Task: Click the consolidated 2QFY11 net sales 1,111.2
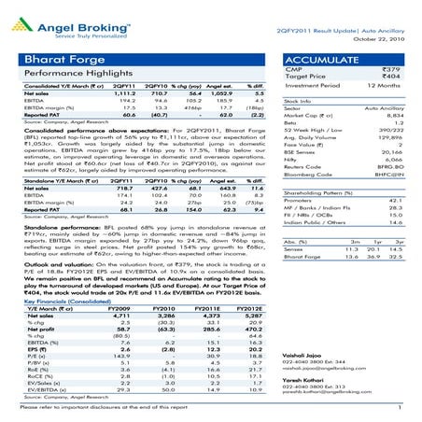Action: [139, 107]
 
